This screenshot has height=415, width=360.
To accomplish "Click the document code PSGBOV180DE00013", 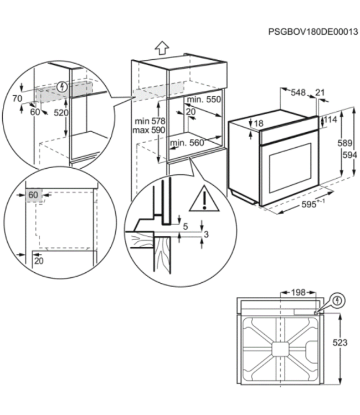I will pyautogui.click(x=313, y=32).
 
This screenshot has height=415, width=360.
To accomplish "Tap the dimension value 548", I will pyautogui.click(x=299, y=92).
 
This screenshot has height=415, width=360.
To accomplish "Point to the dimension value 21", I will pyautogui.click(x=321, y=92).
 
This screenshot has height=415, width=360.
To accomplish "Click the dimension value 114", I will pyautogui.click(x=331, y=120).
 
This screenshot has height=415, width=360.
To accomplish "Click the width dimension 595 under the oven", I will pyautogui.click(x=311, y=204).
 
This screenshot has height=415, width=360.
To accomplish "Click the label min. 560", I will pyautogui.click(x=187, y=143).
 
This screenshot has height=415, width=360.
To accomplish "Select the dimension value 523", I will pyautogui.click(x=340, y=343).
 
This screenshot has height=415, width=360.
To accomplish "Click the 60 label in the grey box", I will pyautogui.click(x=34, y=195).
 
